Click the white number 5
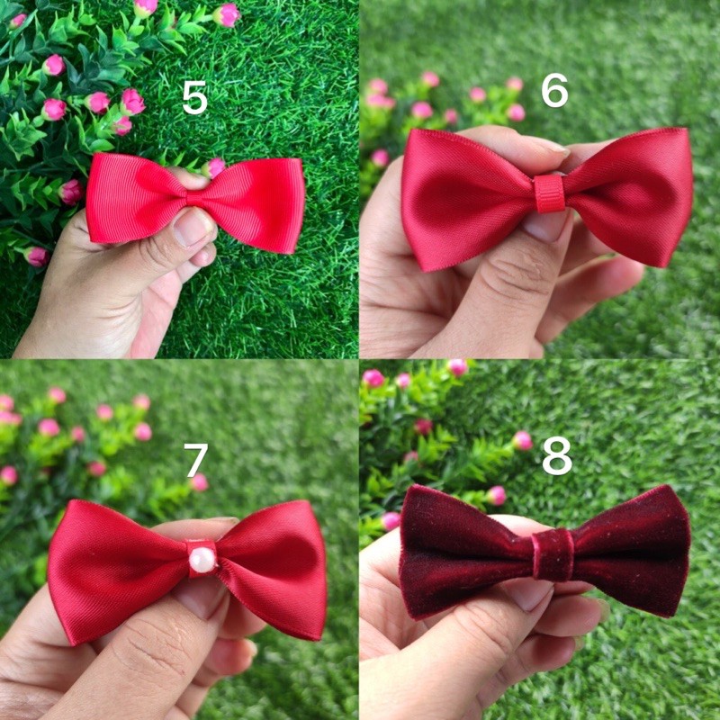coord(194,98)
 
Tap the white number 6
coord(554,91)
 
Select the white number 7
coord(195,461)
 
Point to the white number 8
coord(557,456)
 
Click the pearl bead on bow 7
coord(202,560)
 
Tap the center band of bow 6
coord(549,193)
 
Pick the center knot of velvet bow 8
coord(552,554)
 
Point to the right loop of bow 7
coord(274,567)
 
